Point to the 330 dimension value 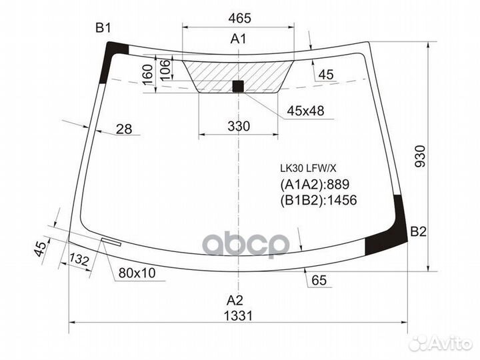(x=238, y=126)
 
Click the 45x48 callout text (x=305, y=111)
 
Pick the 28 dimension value (x=124, y=129)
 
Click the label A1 (x=239, y=39)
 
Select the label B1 (x=103, y=28)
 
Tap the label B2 (x=418, y=232)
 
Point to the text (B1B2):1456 (x=319, y=200)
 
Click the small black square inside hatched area (x=238, y=85)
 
